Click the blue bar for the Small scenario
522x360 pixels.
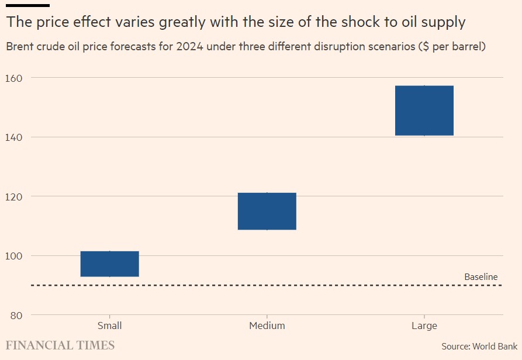(x=109, y=264)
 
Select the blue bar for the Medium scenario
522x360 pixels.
(x=267, y=211)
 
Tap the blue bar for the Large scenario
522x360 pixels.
(x=424, y=110)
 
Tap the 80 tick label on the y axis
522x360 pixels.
(x=16, y=316)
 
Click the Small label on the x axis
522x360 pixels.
(x=109, y=326)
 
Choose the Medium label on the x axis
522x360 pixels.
(x=267, y=326)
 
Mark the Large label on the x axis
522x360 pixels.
(x=424, y=326)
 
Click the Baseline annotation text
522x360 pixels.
(x=480, y=277)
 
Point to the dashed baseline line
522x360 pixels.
(x=234, y=285)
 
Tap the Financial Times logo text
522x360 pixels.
(x=60, y=345)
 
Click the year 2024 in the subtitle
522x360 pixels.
(x=190, y=47)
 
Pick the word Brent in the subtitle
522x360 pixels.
(x=20, y=47)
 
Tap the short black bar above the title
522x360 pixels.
(x=27, y=5)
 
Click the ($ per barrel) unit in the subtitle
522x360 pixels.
(x=452, y=47)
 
